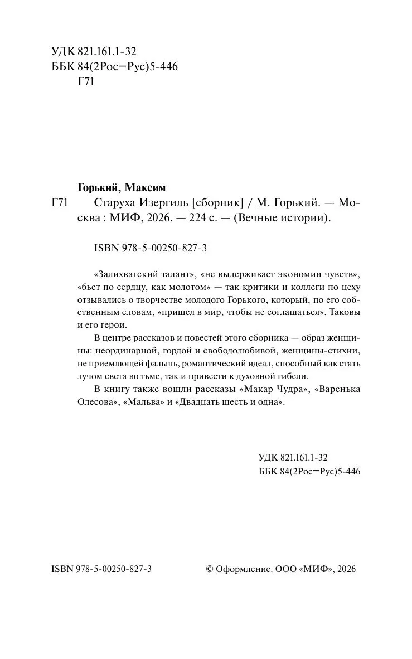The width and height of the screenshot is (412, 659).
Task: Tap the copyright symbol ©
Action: pyautogui.click(x=210, y=569)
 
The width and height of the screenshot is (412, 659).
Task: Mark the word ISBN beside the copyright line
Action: pyautogui.click(x=61, y=569)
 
